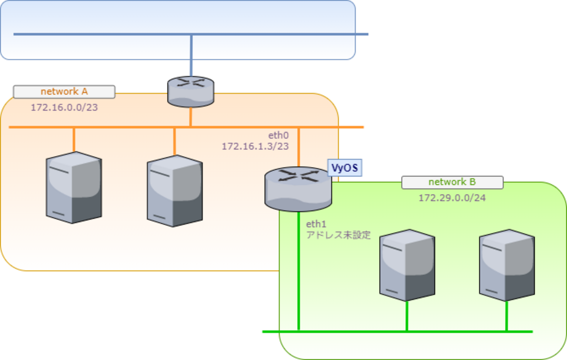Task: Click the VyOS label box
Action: pyautogui.click(x=345, y=168)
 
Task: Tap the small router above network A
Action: pyautogui.click(x=191, y=92)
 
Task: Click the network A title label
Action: pyautogui.click(x=64, y=92)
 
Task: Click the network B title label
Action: pyautogui.click(x=452, y=182)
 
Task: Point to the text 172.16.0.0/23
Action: pyautogui.click(x=64, y=107)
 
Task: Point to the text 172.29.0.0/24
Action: pyautogui.click(x=452, y=198)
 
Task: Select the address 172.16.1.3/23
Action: pyautogui.click(x=255, y=146)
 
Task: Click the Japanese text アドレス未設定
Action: pyautogui.click(x=338, y=236)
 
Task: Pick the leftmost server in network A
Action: pyautogui.click(x=74, y=188)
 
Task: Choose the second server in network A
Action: pyautogui.click(x=175, y=191)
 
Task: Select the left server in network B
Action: pyautogui.click(x=407, y=265)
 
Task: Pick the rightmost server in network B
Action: pyautogui.click(x=507, y=265)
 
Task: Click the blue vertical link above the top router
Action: pyautogui.click(x=191, y=55)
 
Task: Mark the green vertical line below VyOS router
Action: pyautogui.click(x=299, y=271)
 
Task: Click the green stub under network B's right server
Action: pyautogui.click(x=507, y=316)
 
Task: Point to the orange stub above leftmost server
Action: pyautogui.click(x=74, y=140)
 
